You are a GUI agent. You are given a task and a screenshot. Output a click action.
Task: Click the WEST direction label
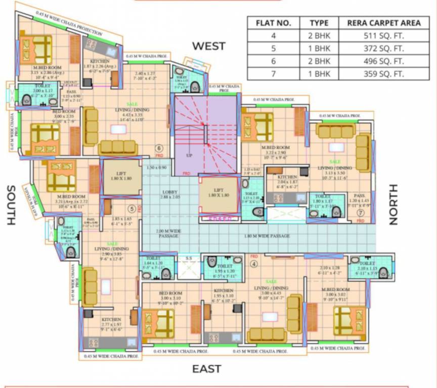pyautogui.click(x=208, y=46)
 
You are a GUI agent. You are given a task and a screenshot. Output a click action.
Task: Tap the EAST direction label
pyautogui.click(x=206, y=369)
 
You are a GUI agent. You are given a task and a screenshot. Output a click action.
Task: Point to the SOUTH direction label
pyautogui.click(x=11, y=205)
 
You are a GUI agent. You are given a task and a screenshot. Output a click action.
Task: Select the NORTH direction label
pyautogui.click(x=394, y=204)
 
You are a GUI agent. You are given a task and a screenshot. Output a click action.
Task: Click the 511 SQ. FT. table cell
pyautogui.click(x=384, y=36)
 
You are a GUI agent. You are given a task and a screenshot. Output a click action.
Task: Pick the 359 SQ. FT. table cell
pyautogui.click(x=384, y=74)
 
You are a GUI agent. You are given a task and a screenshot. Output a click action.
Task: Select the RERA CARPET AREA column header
pyautogui.click(x=384, y=23)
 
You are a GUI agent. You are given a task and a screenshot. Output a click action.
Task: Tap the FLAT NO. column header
pyautogui.click(x=273, y=23)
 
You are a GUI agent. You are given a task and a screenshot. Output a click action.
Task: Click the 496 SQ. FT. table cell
pyautogui.click(x=384, y=61)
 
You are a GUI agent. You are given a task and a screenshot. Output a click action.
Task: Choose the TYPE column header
pyautogui.click(x=319, y=23)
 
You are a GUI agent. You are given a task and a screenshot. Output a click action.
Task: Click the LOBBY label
pyautogui.click(x=169, y=192)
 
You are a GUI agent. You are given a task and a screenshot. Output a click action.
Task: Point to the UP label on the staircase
pyautogui.click(x=190, y=155)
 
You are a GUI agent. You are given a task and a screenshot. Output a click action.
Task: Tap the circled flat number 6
pyautogui.click(x=159, y=149)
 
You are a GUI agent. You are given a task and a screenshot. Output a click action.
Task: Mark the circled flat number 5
pyautogui.click(x=131, y=208)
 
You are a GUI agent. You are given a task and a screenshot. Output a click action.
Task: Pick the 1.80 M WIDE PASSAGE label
pyautogui.click(x=275, y=236)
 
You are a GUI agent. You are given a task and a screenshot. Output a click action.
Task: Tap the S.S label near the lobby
pyautogui.click(x=189, y=259)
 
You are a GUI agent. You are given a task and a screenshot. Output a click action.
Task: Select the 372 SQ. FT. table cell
pyautogui.click(x=384, y=48)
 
